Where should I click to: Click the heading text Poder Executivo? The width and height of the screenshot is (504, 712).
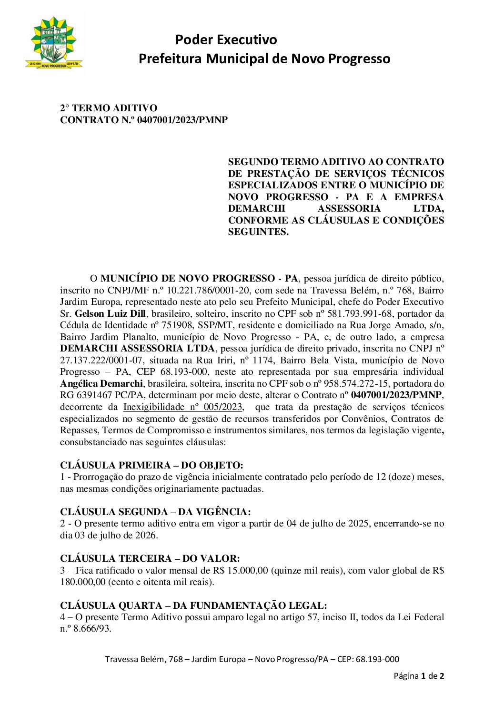coord(226,39)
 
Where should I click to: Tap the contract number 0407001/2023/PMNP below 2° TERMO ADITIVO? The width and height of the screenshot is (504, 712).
coord(182,120)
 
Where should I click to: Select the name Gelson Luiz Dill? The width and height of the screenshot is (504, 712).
coord(110,314)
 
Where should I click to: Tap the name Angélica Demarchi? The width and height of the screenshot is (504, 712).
coord(101,384)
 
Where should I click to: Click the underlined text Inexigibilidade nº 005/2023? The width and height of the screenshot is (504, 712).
coord(183,407)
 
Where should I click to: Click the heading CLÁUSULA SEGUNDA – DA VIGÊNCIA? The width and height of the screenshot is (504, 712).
coord(155,512)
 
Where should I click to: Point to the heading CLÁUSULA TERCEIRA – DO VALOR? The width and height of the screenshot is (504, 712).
coord(150,558)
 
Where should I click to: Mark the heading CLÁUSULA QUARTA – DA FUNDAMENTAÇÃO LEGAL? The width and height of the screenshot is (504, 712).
coord(193,605)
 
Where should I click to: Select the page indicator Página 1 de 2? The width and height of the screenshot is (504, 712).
coord(419,676)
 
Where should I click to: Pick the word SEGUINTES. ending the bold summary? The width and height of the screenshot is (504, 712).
coord(258,232)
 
